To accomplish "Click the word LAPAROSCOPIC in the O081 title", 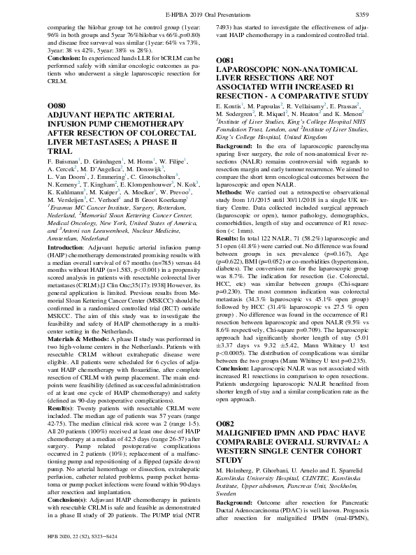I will [252, 71].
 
